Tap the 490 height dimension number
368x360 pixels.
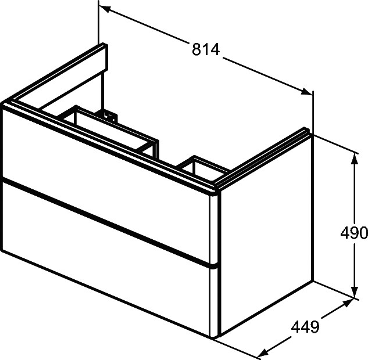353,233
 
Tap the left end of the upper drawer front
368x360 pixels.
5,142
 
